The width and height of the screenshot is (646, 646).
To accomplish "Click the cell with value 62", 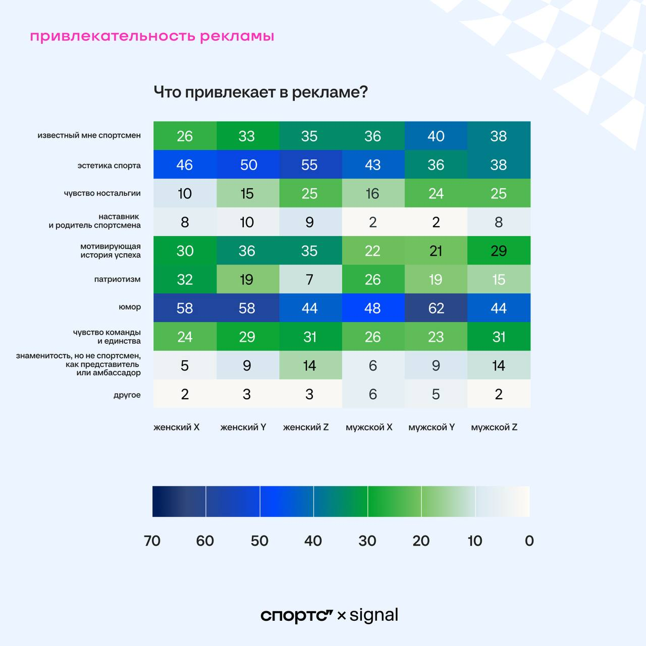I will tap(436, 308).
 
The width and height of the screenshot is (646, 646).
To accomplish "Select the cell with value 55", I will tap(309, 165).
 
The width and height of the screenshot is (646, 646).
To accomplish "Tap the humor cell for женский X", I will tap(185, 308).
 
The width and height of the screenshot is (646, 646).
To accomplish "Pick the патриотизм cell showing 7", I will tap(309, 279).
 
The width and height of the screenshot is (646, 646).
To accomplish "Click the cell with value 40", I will tap(436, 136).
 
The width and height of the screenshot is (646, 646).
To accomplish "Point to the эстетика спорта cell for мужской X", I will tap(373, 165).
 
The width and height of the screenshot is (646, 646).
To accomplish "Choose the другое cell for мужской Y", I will tap(436, 394).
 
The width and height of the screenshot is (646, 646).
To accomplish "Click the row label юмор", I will tap(130, 307).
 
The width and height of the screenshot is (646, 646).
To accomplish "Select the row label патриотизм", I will tap(117, 279).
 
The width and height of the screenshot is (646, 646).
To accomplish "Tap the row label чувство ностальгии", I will tap(102, 193).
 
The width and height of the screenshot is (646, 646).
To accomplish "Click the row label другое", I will tap(127, 395).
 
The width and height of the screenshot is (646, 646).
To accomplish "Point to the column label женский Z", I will tap(306, 427).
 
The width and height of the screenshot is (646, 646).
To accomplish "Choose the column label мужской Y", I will tap(432, 427).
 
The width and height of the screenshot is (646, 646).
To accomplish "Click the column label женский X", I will tap(177, 427).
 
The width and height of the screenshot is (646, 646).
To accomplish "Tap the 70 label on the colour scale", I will tap(152, 541).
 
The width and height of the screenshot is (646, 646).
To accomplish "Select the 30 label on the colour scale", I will tap(367, 541).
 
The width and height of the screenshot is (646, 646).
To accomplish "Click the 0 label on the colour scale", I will tap(529, 541).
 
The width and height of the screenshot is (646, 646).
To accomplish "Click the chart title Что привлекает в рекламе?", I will tap(260, 92).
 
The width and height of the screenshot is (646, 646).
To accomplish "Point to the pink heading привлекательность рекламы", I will tap(152, 36).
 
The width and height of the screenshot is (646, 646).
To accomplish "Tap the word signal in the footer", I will tap(374, 615).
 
